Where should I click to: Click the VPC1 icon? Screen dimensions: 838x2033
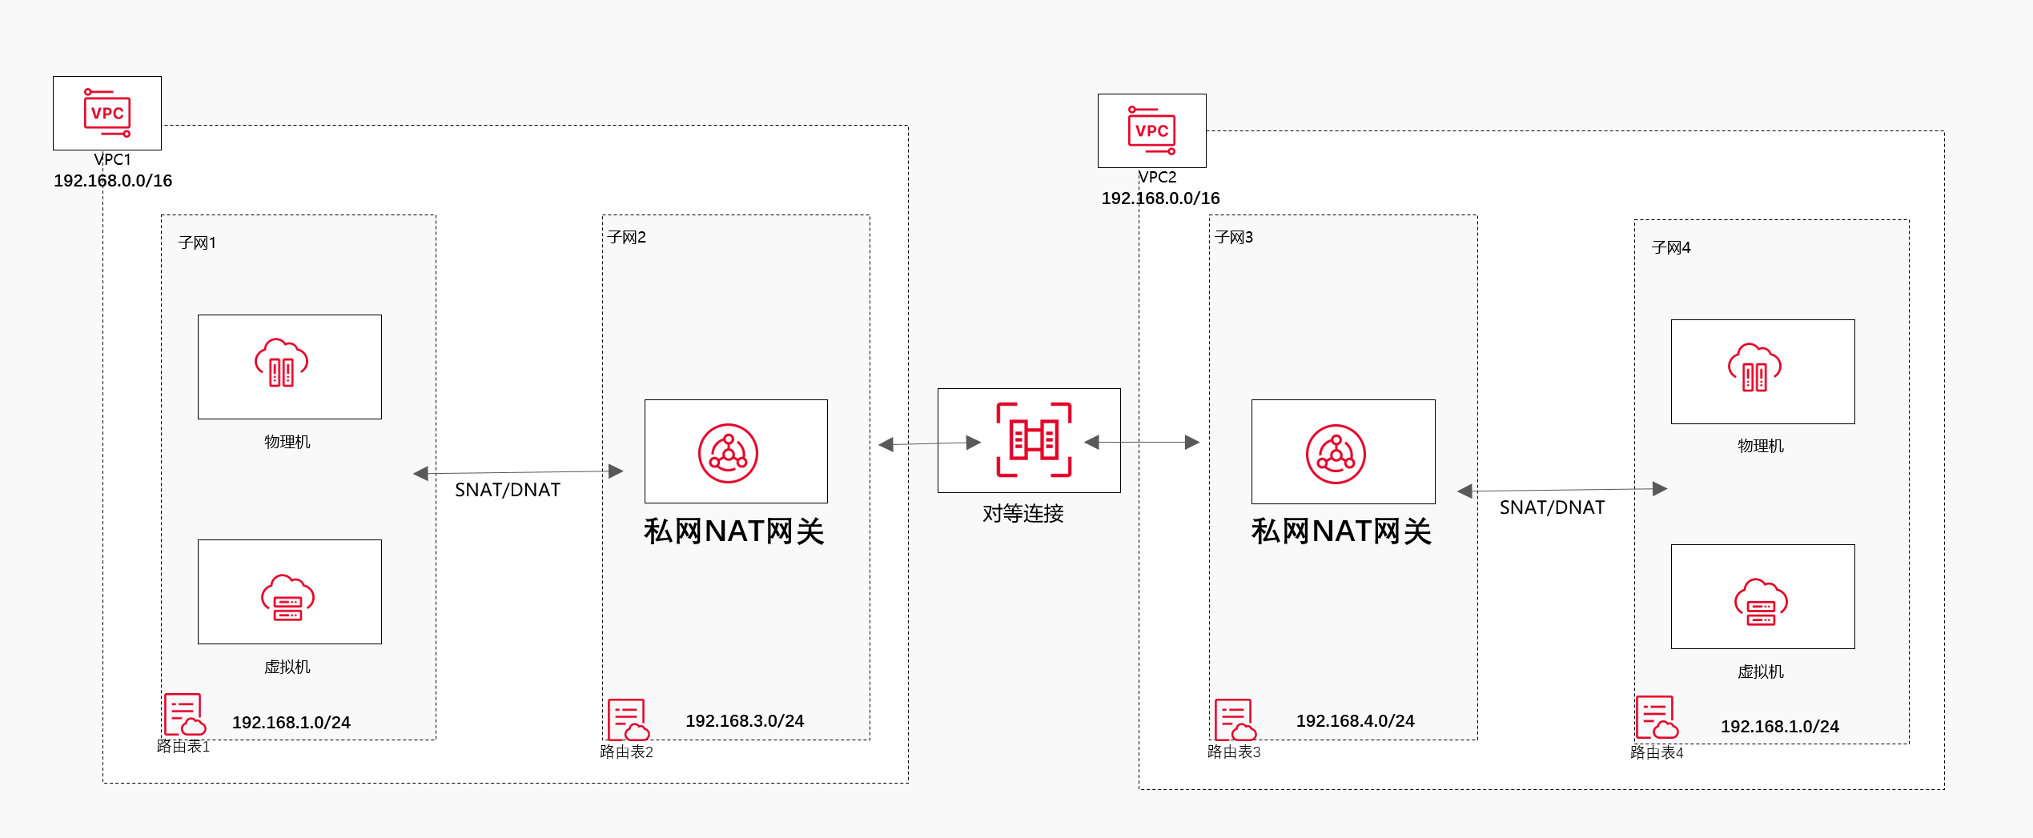[107, 113]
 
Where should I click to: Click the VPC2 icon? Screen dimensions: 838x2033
[1151, 130]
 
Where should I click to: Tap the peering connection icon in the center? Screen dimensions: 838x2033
[1033, 440]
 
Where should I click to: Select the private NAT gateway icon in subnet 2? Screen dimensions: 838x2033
[728, 453]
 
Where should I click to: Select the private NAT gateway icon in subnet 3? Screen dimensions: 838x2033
[1336, 454]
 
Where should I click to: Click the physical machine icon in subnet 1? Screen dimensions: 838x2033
[281, 363]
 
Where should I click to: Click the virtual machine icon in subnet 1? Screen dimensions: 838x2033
[287, 598]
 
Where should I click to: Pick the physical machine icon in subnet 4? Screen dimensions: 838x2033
[1754, 368]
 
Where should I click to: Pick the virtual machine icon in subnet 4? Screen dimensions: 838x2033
[1761, 602]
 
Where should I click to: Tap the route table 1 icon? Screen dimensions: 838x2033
[184, 715]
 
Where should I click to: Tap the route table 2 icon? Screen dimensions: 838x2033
[628, 720]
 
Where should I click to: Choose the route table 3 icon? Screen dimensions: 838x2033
[1235, 720]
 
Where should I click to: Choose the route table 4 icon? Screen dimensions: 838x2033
[1657, 717]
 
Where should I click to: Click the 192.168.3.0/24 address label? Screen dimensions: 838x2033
[745, 721]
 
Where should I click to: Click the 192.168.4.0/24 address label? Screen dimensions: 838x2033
[1355, 721]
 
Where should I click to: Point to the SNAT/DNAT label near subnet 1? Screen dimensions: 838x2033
[508, 490]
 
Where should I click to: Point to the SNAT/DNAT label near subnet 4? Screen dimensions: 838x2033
[1552, 507]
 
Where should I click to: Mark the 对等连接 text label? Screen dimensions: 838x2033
[1023, 514]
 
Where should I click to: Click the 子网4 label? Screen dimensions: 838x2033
[1670, 248]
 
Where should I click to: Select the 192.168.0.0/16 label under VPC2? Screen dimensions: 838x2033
[1160, 198]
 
